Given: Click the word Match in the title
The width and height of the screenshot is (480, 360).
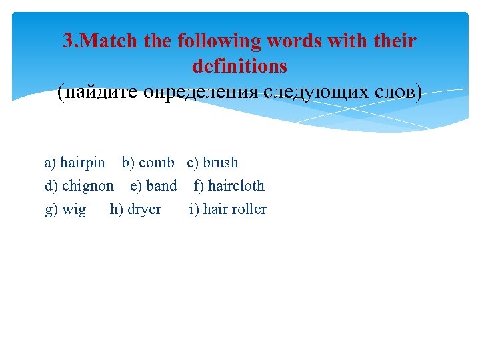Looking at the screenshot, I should (110, 41).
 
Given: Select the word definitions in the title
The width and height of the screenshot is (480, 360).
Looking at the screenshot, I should (239, 66).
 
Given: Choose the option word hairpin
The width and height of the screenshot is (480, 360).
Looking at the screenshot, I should (83, 163).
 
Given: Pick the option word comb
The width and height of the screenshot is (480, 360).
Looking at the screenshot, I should (157, 163).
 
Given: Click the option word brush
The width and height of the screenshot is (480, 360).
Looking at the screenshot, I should (221, 163).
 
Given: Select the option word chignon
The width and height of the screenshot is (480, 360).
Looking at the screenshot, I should (88, 186).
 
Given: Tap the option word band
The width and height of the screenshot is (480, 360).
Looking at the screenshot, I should (162, 186).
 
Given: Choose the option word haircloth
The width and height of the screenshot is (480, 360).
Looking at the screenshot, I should (236, 186).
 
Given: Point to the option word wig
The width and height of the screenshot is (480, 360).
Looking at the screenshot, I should (74, 209).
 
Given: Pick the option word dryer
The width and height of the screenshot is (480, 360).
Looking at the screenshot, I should (144, 209).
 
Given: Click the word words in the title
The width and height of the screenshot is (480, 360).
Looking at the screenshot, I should (293, 41).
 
